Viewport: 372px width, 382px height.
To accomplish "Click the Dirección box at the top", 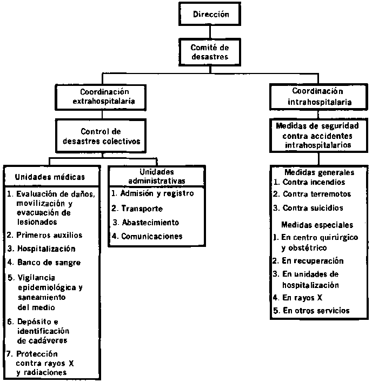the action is tap(210, 14).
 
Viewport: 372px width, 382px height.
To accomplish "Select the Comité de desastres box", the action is tap(210, 52).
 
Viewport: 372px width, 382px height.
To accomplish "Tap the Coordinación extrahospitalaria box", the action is tap(101, 97).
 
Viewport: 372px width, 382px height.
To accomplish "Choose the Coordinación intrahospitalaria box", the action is tap(318, 97).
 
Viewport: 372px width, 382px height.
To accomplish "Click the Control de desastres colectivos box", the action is tap(101, 136).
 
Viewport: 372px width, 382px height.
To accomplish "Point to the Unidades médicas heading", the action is tap(50, 177).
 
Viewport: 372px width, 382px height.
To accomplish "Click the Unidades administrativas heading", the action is tap(156, 176).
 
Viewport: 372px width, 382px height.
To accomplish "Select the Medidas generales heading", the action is tap(320, 172).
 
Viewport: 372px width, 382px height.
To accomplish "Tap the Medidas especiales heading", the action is tap(317, 225).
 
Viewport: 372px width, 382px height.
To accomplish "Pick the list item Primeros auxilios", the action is tap(45, 235).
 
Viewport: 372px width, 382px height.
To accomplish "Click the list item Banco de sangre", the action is tap(44, 263).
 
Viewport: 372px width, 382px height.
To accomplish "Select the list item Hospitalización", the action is tap(42, 249).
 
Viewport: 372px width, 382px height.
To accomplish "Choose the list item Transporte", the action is tap(137, 209).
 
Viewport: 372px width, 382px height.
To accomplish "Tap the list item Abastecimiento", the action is tap(146, 223).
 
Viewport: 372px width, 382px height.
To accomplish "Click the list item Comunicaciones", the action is tap(147, 236).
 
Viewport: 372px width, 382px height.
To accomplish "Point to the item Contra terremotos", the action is tap(312, 194).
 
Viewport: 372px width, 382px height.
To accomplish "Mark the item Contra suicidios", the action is tap(308, 208).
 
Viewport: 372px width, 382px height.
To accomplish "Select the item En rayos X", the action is tap(297, 298).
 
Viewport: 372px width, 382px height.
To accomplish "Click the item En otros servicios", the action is tap(311, 311).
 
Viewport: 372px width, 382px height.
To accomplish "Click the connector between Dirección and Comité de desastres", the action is tap(210, 32).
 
